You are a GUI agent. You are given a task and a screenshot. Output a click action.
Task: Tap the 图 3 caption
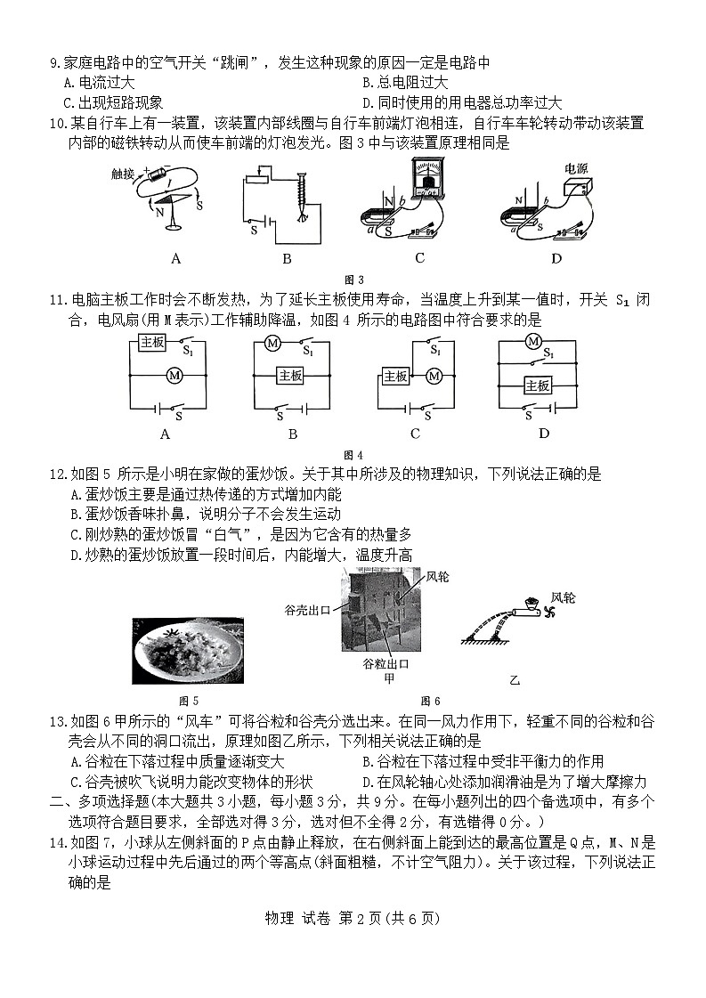[353, 280]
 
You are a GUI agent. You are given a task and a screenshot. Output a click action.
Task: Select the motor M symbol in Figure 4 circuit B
[273, 344]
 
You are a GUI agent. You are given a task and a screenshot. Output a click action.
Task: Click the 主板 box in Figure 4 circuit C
[395, 377]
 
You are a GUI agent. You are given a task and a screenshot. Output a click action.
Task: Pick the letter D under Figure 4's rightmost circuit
[543, 434]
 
